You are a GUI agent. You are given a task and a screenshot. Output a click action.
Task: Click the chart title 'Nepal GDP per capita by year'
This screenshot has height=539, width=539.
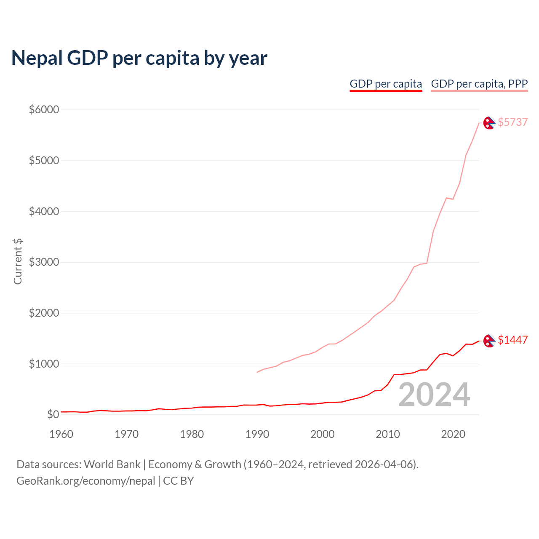point(139,58)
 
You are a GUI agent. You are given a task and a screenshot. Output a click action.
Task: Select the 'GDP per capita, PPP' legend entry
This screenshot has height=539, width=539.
point(479,84)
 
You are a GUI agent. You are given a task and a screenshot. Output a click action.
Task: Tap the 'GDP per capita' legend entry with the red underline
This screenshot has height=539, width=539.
point(386,84)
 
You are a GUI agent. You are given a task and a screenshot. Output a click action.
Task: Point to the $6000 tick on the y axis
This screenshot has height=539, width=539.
point(44,110)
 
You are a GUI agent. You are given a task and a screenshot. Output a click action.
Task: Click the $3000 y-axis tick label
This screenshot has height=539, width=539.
point(44,262)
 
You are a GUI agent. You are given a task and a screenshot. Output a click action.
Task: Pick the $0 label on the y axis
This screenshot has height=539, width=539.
point(53,415)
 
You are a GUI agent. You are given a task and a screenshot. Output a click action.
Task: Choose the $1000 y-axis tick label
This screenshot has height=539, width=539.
point(44,364)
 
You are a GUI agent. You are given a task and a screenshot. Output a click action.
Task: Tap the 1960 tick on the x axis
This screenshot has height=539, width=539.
point(61,434)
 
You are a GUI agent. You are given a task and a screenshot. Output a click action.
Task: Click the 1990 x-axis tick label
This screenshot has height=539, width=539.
point(257,434)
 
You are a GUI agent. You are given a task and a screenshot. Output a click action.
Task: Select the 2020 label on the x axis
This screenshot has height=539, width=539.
point(453,434)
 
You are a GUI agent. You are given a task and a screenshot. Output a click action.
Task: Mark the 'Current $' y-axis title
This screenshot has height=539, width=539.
point(18,261)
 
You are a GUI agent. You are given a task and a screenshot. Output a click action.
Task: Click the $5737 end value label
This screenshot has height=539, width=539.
point(512,122)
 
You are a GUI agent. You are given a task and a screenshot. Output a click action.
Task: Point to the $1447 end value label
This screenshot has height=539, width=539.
point(512,340)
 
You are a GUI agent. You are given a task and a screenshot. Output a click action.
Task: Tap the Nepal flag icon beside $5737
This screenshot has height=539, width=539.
point(489,123)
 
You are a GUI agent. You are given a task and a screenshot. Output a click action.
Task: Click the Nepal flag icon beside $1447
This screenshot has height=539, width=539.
point(489,341)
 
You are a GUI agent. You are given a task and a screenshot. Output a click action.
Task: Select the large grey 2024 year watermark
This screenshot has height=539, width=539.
point(434,395)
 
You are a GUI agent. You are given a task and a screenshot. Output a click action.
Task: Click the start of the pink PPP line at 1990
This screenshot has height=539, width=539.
point(257,372)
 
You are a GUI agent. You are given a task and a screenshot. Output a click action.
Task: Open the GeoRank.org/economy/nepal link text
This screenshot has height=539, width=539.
point(86,481)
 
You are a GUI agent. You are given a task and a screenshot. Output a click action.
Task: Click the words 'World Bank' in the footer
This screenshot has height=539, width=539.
point(112,464)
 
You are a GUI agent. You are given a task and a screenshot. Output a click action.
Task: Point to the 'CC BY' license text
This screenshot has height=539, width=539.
point(179,481)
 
